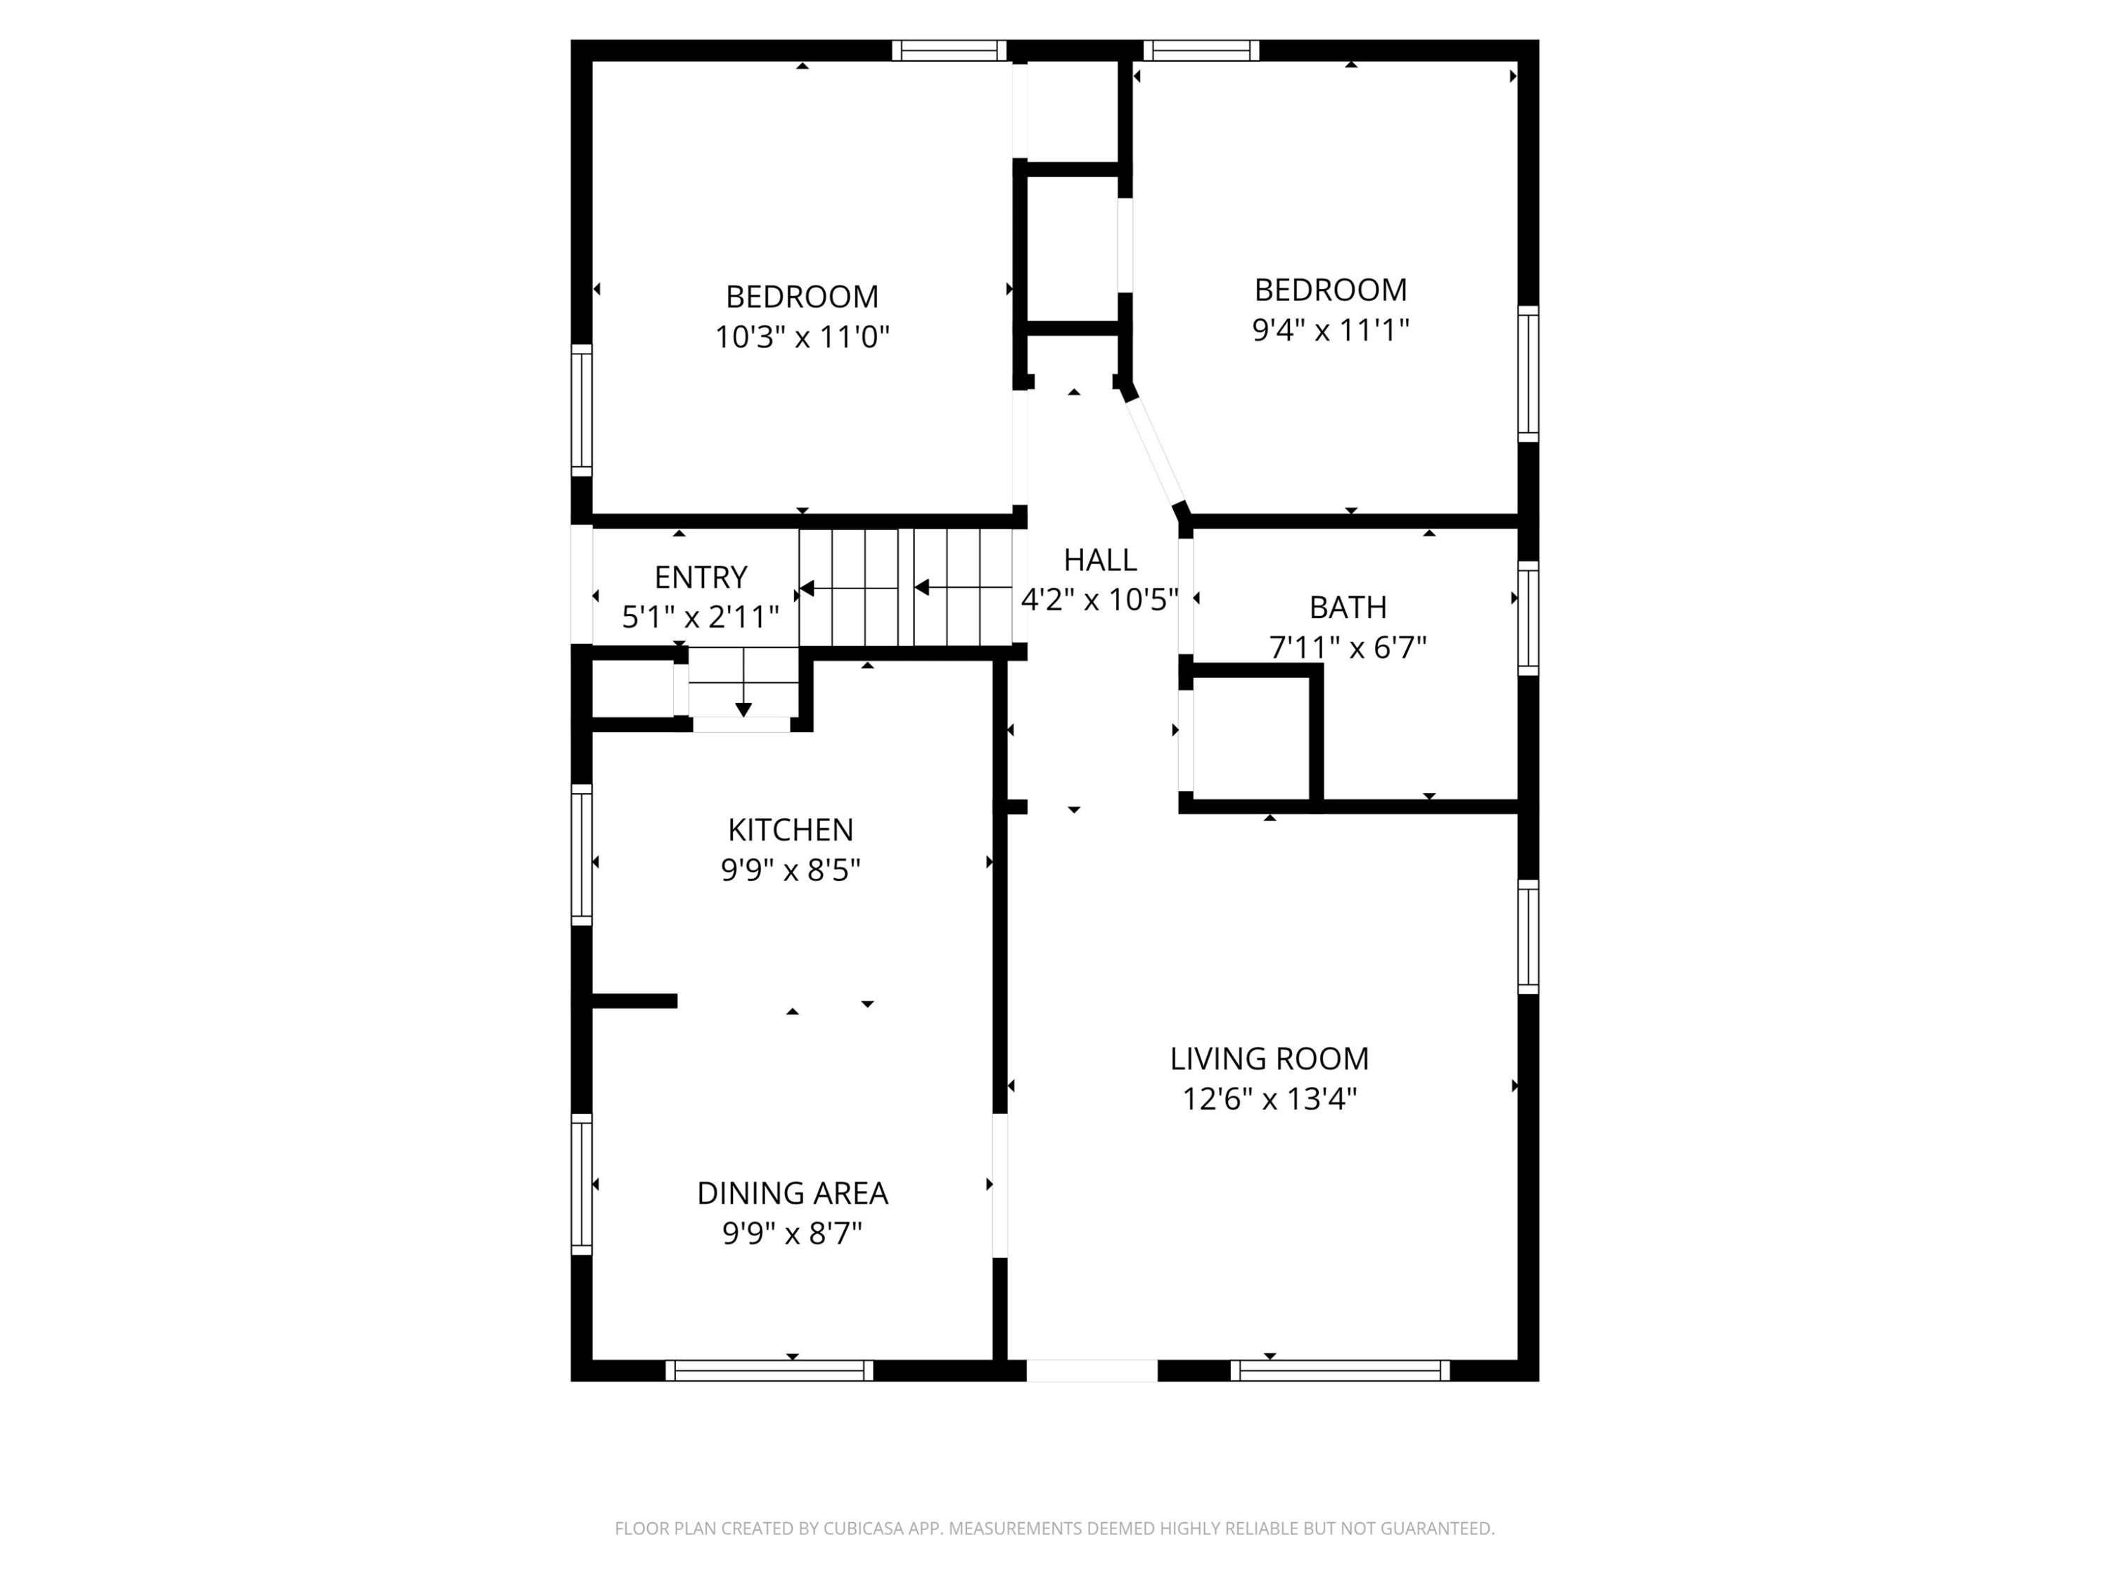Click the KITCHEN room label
pyautogui.click(x=790, y=830)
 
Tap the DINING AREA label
pyautogui.click(x=792, y=1193)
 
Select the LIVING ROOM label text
pyautogui.click(x=1269, y=1058)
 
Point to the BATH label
pyautogui.click(x=1348, y=607)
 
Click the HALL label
pyautogui.click(x=1100, y=559)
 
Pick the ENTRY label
pyautogui.click(x=700, y=577)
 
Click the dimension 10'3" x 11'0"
pyautogui.click(x=803, y=337)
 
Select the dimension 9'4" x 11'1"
pyautogui.click(x=1331, y=330)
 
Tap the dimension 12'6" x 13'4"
pyautogui.click(x=1269, y=1100)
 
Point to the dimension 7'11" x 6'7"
pyautogui.click(x=1348, y=648)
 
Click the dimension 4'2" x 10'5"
pyautogui.click(x=1100, y=600)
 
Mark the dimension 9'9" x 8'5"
pyautogui.click(x=790, y=870)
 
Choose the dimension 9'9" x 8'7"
pyautogui.click(x=792, y=1234)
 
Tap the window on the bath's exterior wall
pyautogui.click(x=1528, y=619)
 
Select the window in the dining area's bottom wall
pyautogui.click(x=769, y=1370)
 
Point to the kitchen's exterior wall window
pyautogui.click(x=581, y=854)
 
